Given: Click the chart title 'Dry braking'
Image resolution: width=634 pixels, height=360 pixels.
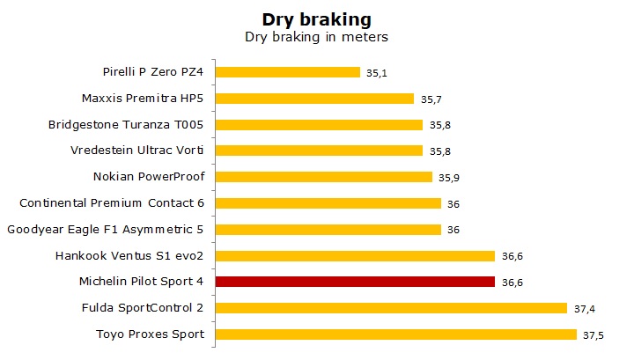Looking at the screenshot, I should (x=316, y=18).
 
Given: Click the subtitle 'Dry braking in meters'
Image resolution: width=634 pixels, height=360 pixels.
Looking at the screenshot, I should (x=316, y=38).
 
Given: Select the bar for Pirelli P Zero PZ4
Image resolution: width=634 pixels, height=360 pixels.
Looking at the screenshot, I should (x=288, y=72).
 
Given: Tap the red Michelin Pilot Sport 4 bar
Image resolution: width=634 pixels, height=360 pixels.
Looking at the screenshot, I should (x=355, y=282).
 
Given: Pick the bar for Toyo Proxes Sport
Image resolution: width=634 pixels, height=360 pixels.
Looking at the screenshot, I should (x=396, y=334).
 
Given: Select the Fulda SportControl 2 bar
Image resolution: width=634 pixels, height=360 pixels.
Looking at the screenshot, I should (x=391, y=308).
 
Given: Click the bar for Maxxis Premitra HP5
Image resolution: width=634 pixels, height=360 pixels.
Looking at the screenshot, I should (x=314, y=99).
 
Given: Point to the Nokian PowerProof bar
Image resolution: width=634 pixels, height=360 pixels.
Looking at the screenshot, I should (x=324, y=177).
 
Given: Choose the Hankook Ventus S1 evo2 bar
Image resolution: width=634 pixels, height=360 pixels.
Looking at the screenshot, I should (x=355, y=256).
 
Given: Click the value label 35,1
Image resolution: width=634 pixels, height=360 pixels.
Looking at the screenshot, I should (x=376, y=73).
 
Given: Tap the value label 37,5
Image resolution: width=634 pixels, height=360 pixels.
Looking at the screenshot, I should (x=592, y=335).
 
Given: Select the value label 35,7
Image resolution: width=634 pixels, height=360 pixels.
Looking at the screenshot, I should (x=430, y=99).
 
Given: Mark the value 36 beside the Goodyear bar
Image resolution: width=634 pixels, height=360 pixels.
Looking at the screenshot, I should (x=452, y=231).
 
